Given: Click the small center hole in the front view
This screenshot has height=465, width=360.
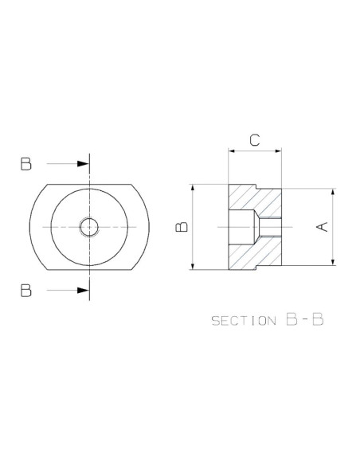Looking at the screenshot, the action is coord(89,227).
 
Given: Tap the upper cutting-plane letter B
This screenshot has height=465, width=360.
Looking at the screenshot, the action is coord(25,164).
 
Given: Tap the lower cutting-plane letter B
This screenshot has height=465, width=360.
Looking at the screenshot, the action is coord(25,291).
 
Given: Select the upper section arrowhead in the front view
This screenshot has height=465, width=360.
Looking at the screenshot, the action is coord(83,164).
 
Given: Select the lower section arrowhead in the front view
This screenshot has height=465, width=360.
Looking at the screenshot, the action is coord(83,291).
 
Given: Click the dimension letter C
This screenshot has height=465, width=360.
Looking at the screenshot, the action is coord(254,140).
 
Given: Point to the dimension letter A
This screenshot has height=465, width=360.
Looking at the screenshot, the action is coord(322,227).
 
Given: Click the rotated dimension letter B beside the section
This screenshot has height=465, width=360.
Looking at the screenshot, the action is coord(182,227).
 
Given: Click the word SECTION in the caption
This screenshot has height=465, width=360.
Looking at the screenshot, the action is coord(244,321).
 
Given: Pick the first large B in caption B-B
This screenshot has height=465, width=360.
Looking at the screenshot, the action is coord(292,319).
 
